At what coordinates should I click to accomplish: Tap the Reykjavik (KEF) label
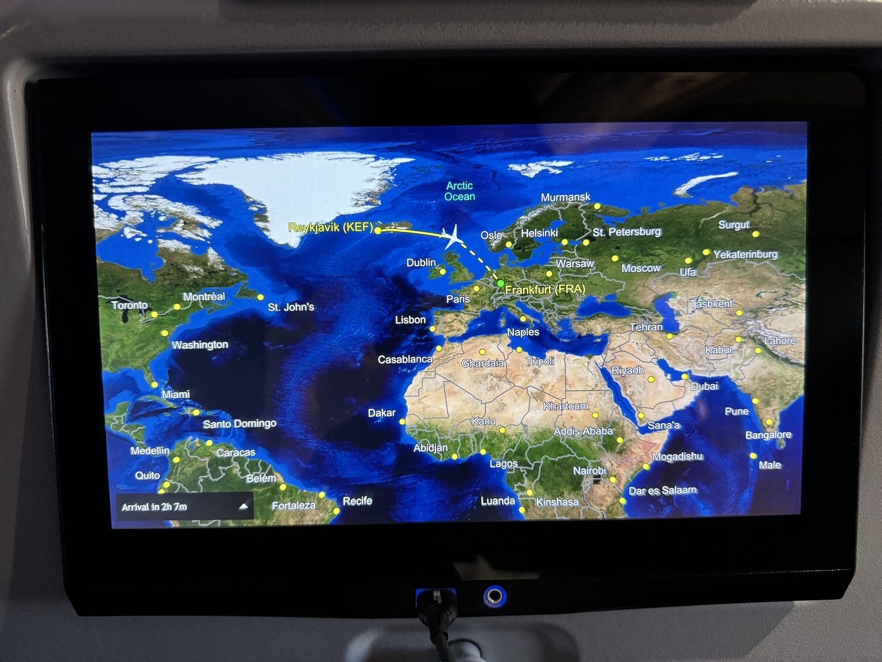point(331,227)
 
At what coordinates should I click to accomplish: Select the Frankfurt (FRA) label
point(545,289)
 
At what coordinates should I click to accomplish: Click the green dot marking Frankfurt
point(500,284)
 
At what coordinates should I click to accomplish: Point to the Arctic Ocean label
point(460,191)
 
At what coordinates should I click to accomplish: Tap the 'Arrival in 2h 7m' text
point(154,506)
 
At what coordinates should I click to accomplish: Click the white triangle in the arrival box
point(243,506)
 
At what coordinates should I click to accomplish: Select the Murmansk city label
point(565,197)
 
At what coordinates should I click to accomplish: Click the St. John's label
point(291,307)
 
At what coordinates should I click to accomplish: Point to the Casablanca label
point(405,359)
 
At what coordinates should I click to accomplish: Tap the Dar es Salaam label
point(663,490)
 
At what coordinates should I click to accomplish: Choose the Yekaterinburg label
point(745,254)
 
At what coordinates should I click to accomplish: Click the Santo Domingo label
point(239,424)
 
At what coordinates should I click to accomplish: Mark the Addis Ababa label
point(583,431)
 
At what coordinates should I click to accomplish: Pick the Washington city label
point(200,345)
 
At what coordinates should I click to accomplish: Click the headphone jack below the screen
point(494,596)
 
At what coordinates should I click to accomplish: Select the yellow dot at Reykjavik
point(378,231)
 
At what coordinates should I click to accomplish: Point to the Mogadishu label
point(677,457)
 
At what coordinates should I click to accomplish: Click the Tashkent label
point(711,304)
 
